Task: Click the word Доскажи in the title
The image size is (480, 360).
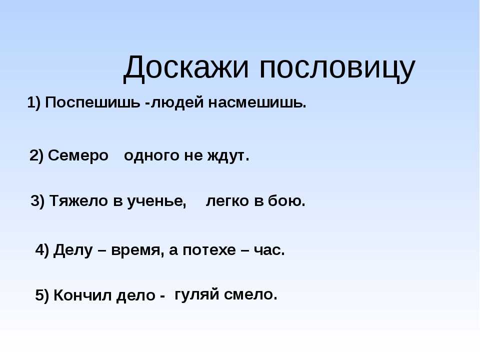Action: point(186,68)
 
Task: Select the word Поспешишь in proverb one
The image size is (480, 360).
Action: point(92,102)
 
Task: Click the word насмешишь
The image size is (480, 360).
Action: point(257,102)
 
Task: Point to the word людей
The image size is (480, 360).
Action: point(177,102)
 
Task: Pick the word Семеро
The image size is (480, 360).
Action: point(78,155)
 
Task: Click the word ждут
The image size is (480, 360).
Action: point(228,155)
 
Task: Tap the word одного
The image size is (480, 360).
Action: point(151,156)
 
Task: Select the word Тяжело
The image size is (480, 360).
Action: point(78,201)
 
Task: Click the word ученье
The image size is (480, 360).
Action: point(156,201)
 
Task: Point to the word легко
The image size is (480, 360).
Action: point(227,201)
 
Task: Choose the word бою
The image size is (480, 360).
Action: point(286,201)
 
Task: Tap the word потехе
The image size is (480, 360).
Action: point(209,250)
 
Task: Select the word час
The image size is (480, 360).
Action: point(269,250)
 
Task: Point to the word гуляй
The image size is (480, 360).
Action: point(197,295)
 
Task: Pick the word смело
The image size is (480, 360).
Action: point(250,294)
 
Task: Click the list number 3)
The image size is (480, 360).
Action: point(37,201)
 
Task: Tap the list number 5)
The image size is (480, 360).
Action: point(42,295)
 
